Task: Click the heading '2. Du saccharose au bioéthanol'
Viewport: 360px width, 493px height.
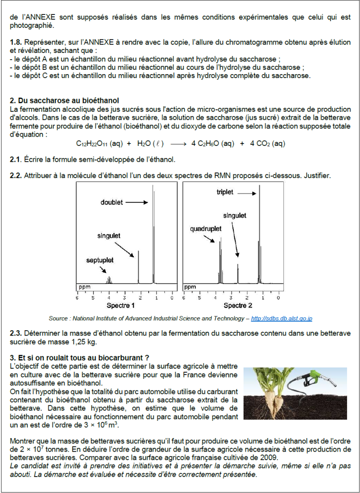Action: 64,101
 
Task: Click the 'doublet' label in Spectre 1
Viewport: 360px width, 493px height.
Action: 112,202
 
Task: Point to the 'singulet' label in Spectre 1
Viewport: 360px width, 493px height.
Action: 109,236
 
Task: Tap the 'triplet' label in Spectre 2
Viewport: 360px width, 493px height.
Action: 225,192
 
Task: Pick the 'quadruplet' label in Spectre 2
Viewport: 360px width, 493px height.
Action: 206,229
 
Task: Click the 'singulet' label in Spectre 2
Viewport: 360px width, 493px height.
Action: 234,216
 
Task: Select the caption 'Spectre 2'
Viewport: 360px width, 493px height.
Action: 238,306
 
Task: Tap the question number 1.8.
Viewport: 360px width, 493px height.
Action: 16,42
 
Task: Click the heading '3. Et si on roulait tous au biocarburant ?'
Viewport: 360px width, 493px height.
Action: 79,357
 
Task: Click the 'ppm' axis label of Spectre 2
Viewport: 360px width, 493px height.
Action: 191,287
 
